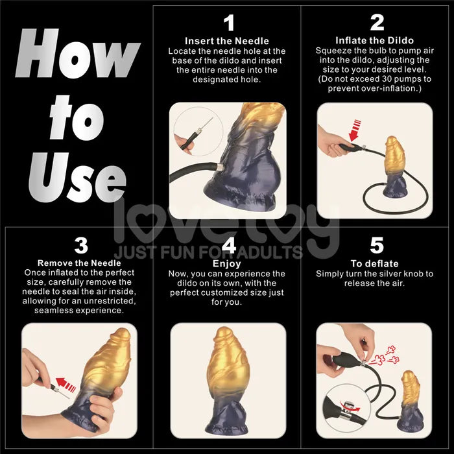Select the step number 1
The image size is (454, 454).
[228, 23]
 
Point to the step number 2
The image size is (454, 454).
[377, 23]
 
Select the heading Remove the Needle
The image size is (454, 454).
[80, 263]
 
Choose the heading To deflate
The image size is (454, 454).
[375, 264]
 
